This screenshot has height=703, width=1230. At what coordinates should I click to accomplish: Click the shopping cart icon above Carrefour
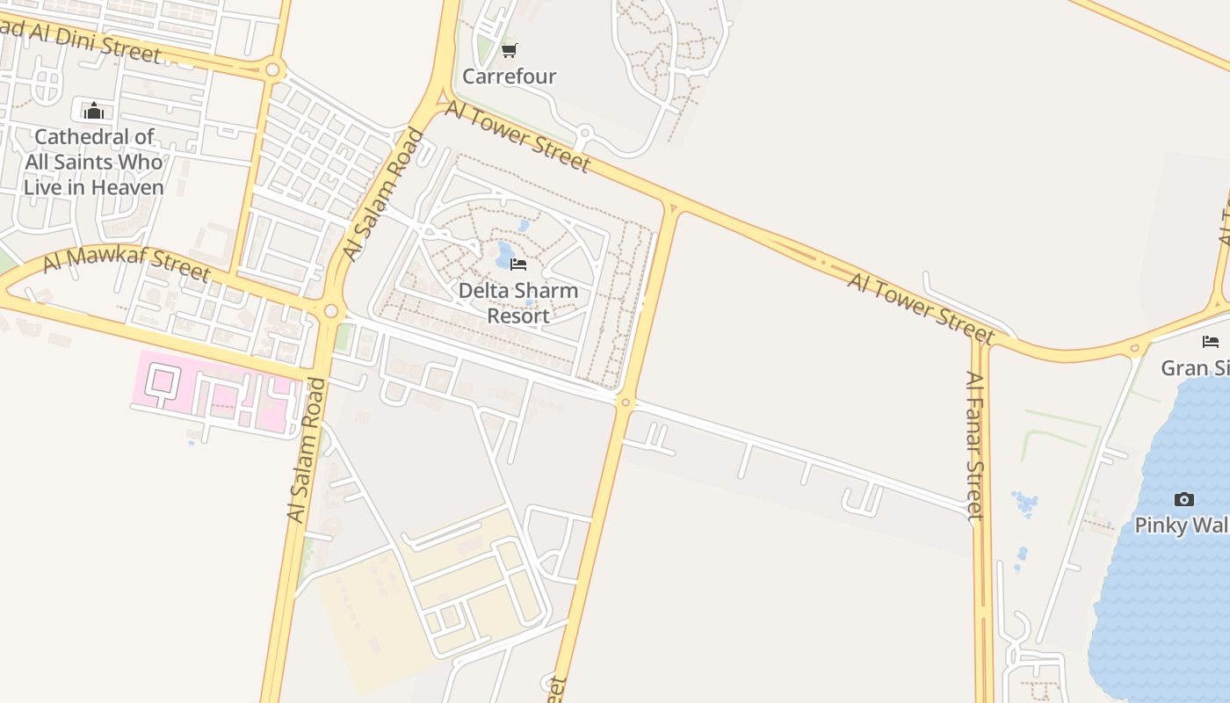[510, 50]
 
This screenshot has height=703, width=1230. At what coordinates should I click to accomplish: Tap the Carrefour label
[510, 76]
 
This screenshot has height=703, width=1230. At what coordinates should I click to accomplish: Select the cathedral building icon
[94, 111]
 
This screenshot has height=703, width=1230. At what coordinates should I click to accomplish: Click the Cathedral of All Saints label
[94, 162]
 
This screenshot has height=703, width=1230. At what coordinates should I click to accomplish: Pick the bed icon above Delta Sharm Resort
[518, 265]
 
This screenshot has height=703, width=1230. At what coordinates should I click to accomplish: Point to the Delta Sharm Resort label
[518, 303]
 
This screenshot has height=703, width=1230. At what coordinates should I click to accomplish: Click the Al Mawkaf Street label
[127, 263]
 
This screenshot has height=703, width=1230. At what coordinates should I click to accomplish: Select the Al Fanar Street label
[974, 445]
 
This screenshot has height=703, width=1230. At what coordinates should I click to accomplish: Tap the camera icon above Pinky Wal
[1184, 500]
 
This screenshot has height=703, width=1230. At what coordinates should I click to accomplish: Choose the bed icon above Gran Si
[1211, 342]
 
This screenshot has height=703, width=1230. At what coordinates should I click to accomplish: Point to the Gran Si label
[1195, 367]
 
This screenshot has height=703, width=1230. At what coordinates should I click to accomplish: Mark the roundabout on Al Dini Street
[272, 69]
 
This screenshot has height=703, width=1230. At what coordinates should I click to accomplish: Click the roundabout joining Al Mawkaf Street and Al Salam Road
[331, 310]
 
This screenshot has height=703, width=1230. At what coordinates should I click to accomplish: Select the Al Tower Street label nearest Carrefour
[518, 135]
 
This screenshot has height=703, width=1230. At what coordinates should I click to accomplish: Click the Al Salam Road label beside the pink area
[306, 451]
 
